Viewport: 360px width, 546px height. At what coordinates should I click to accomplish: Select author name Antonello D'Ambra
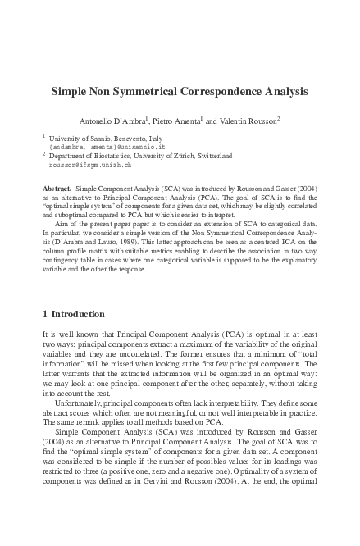pyautogui.click(x=112, y=121)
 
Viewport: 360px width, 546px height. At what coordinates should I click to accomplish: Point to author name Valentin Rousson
pyautogui.click(x=249, y=121)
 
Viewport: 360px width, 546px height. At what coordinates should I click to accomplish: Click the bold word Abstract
pyautogui.click(x=57, y=189)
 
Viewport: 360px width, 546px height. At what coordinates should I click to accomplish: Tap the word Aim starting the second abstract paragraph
pyautogui.click(x=61, y=221)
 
